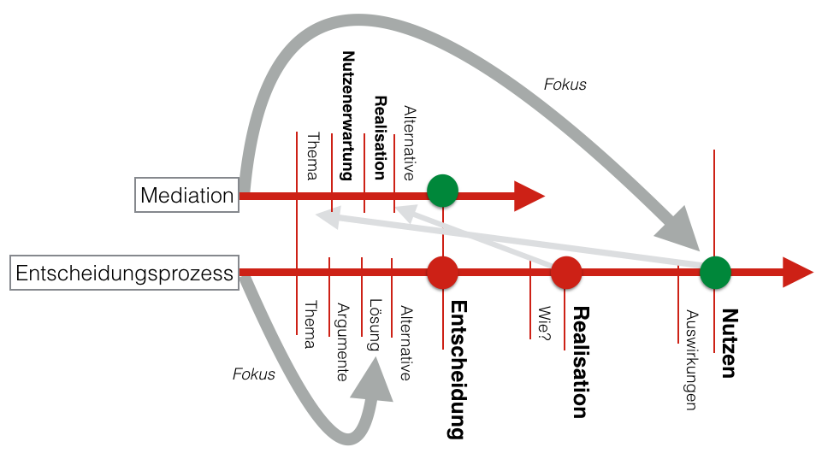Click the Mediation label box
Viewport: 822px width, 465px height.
(187, 196)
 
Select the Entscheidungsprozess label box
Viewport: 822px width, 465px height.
(125, 274)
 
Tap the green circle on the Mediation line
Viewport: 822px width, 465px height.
(442, 191)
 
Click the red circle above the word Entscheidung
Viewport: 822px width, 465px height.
(442, 273)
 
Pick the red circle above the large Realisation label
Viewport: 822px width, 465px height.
(565, 273)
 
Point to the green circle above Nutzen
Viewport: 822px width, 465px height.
(715, 273)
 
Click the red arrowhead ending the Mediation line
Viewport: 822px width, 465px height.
(529, 196)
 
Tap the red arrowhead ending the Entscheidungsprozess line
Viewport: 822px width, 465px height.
(797, 273)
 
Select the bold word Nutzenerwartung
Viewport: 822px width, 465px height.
(347, 115)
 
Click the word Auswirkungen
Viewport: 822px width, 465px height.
(691, 359)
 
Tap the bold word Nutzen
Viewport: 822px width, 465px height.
(729, 343)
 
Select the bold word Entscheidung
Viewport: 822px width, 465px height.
(457, 369)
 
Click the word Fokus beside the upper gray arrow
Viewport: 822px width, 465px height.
(565, 85)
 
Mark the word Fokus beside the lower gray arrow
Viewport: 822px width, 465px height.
(254, 374)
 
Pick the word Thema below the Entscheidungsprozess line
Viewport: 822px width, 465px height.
(310, 326)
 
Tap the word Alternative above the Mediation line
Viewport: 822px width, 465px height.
(409, 144)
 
